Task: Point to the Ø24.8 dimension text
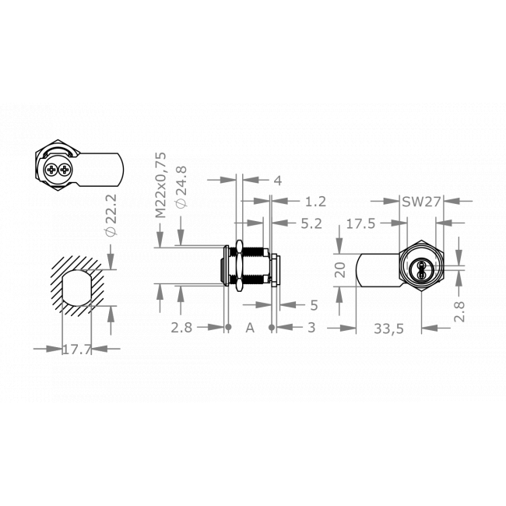181,186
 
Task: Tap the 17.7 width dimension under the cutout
76,350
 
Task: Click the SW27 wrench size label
421,201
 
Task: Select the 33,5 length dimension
388,329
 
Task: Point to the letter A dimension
250,329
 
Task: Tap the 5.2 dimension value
311,223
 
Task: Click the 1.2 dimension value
314,202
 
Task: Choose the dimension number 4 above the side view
277,180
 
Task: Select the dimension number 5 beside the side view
314,304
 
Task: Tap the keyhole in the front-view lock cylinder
420,270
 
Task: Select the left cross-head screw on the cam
51,169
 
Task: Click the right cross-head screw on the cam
64,169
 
